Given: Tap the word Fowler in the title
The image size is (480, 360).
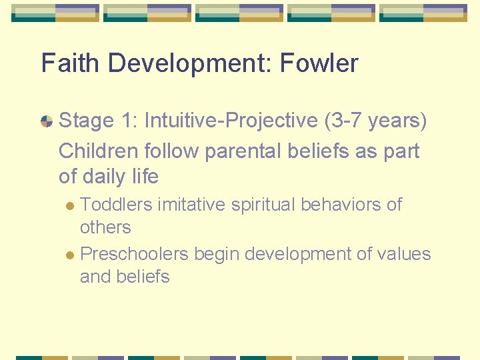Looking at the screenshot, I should [x=319, y=63].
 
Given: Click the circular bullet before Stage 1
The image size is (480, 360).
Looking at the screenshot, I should [x=47, y=121].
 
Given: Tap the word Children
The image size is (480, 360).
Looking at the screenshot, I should [x=96, y=151].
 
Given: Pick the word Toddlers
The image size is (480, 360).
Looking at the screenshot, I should [x=116, y=205].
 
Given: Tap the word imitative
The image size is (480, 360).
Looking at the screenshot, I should [x=191, y=205].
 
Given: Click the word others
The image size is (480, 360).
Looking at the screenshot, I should [x=105, y=227].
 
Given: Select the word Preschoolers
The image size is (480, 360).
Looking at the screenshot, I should [x=134, y=254].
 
